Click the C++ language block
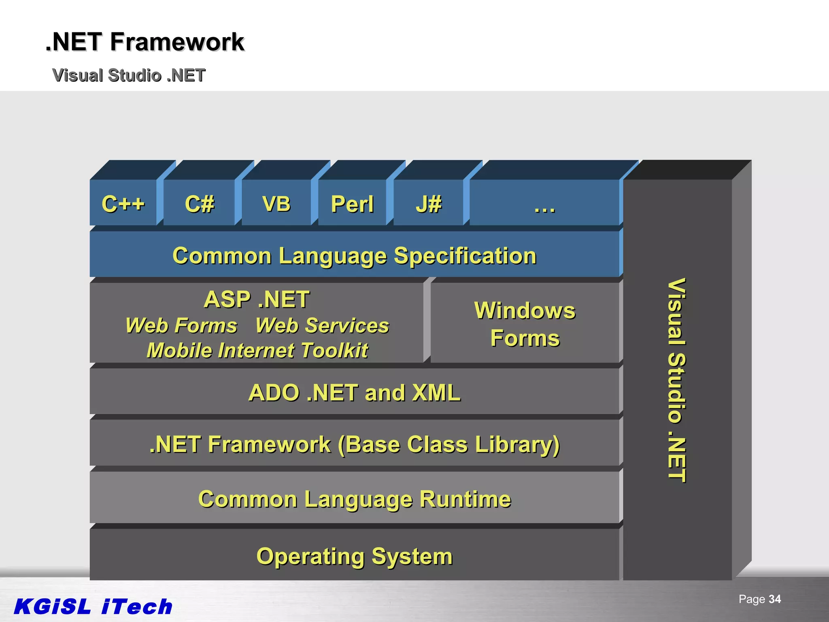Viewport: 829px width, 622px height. (x=123, y=203)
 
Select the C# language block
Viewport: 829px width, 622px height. (x=199, y=203)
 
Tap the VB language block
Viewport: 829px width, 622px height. (x=276, y=203)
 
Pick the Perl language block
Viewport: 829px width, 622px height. (x=352, y=204)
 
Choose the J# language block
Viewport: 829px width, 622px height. (x=429, y=204)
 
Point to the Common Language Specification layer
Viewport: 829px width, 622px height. (x=354, y=256)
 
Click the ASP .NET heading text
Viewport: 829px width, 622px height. (x=257, y=299)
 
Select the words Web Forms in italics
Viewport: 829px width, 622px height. (x=181, y=326)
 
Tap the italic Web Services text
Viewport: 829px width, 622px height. (x=322, y=326)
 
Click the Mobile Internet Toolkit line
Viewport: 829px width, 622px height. (x=257, y=351)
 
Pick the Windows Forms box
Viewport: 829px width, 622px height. (x=525, y=324)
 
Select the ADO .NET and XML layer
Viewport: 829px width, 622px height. (x=354, y=392)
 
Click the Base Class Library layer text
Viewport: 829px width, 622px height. (x=354, y=444)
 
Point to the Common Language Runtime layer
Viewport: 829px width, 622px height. (x=354, y=499)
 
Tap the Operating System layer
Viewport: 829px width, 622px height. (x=354, y=556)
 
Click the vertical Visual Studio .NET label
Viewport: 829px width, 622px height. (x=677, y=380)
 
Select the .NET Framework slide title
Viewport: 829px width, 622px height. (x=145, y=42)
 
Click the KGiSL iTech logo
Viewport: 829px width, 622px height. (x=93, y=607)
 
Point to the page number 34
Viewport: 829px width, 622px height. (x=774, y=599)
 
